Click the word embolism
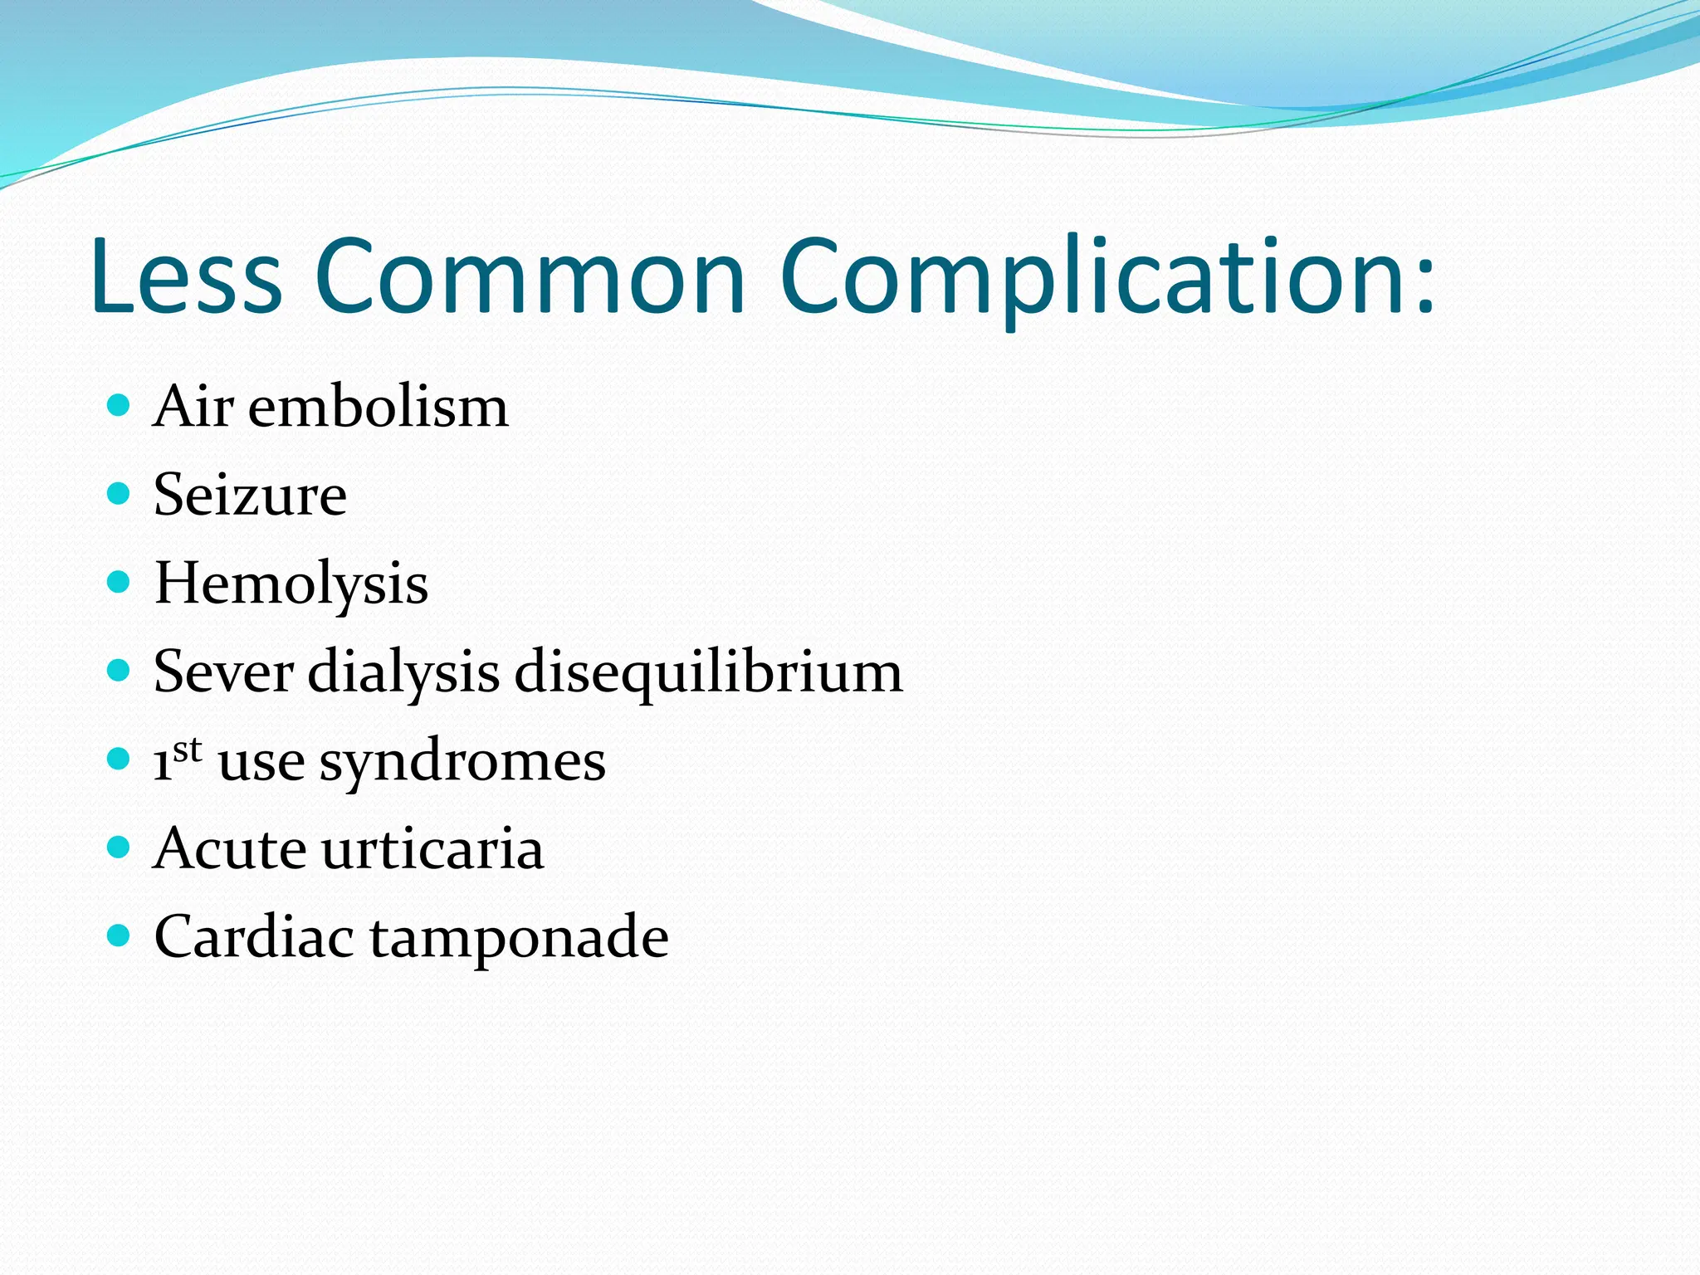pos(378,407)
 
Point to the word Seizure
pos(250,496)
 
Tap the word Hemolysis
pos(291,584)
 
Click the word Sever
pos(222,672)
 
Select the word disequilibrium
pos(708,673)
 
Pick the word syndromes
pos(462,762)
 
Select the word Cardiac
pos(254,936)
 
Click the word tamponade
pos(519,938)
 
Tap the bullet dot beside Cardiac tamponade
pos(120,935)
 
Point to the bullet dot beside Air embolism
pos(120,405)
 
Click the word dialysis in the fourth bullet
pos(403,673)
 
